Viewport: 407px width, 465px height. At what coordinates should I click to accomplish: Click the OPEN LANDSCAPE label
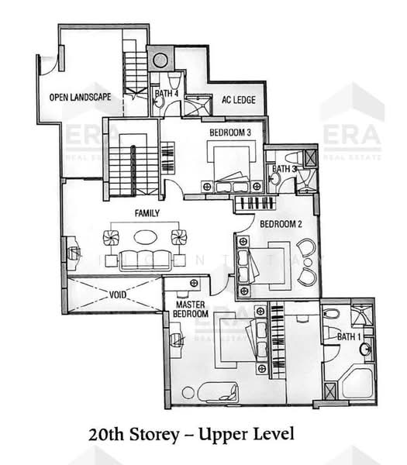[80, 98]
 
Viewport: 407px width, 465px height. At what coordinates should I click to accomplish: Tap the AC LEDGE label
[239, 99]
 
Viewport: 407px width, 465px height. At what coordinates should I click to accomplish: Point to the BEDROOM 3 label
[230, 133]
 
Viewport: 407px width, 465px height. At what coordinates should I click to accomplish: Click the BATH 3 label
[284, 169]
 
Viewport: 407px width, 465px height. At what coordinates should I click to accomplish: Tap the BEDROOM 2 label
[281, 224]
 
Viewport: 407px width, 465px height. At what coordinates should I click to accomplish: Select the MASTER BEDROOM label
[190, 309]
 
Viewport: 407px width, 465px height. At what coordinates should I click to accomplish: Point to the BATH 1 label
[349, 337]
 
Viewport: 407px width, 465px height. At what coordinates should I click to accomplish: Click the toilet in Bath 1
[330, 315]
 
